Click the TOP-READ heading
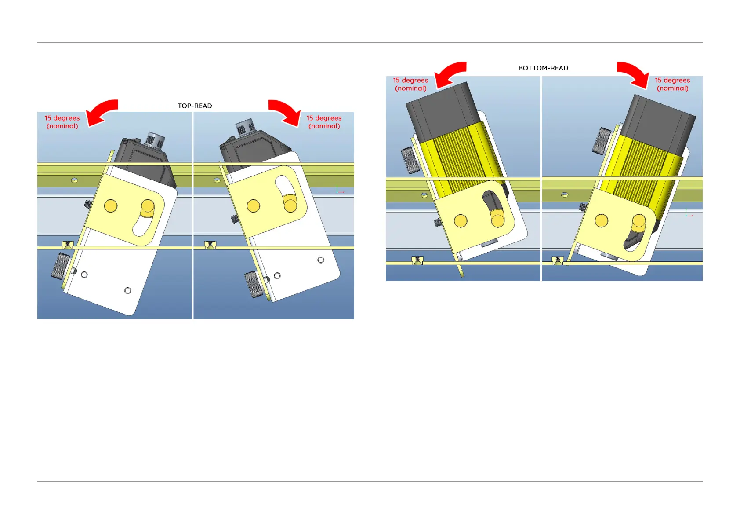[195, 106]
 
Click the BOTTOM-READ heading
[543, 68]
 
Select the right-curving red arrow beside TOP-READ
[285, 112]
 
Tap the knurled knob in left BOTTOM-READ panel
[410, 160]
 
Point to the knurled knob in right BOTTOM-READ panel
[601, 140]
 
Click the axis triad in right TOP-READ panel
[339, 191]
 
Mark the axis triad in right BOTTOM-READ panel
[688, 214]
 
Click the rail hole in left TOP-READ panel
[75, 180]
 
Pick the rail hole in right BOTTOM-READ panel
[565, 194]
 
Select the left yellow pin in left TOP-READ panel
[111, 205]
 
